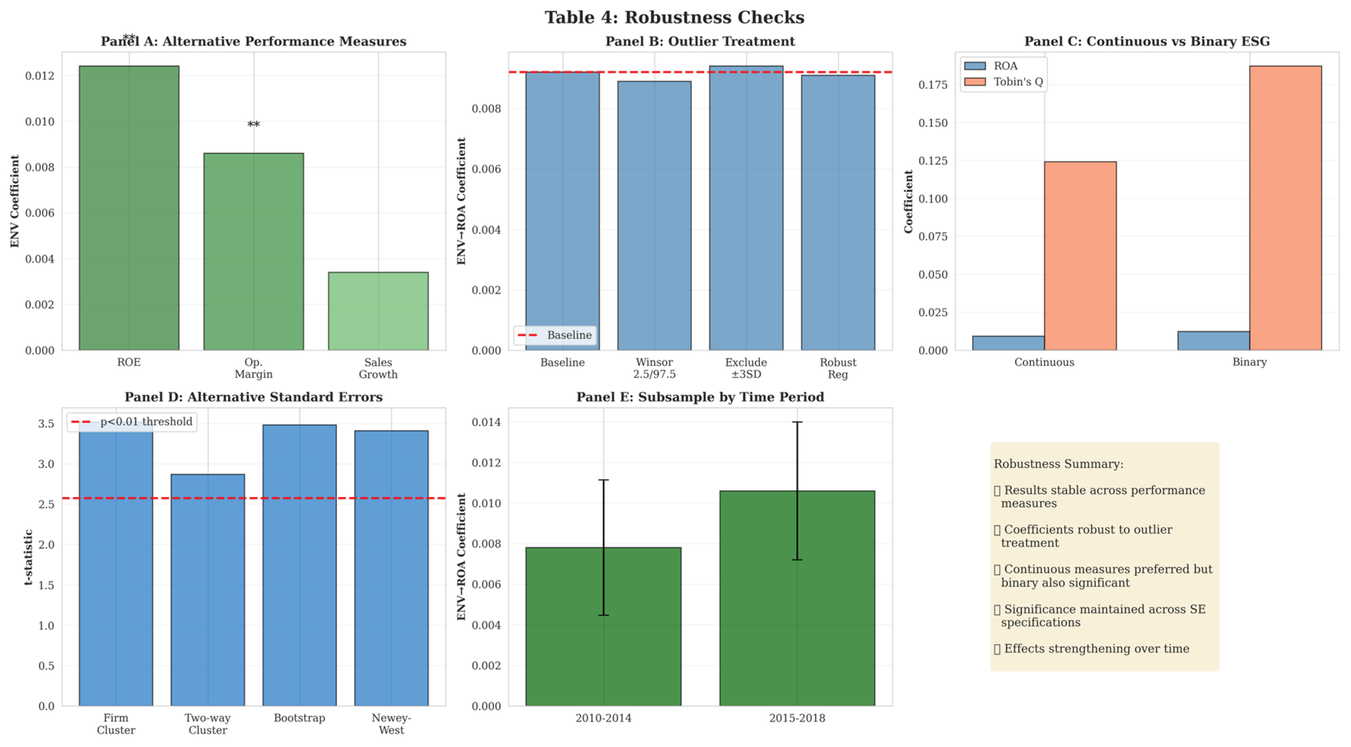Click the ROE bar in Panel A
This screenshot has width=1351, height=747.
[x=129, y=208]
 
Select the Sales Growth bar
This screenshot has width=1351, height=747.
[x=378, y=311]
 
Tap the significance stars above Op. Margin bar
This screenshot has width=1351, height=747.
[x=254, y=125]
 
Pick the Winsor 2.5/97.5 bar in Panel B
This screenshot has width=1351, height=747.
[x=654, y=216]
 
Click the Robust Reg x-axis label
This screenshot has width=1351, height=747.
[x=838, y=369]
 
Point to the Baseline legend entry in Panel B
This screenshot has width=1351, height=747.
[x=555, y=335]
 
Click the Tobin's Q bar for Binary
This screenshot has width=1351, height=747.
[x=1285, y=208]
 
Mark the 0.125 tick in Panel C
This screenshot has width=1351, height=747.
[x=933, y=160]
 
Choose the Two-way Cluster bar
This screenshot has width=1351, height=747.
[x=208, y=590]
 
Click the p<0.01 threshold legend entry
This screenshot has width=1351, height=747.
[x=132, y=422]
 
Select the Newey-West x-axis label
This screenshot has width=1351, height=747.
[x=391, y=724]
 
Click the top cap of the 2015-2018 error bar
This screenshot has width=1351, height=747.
[x=797, y=422]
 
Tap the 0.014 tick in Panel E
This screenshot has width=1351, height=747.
[x=486, y=422]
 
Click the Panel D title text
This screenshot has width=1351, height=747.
[x=253, y=397]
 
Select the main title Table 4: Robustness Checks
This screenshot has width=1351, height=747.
[x=675, y=17]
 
